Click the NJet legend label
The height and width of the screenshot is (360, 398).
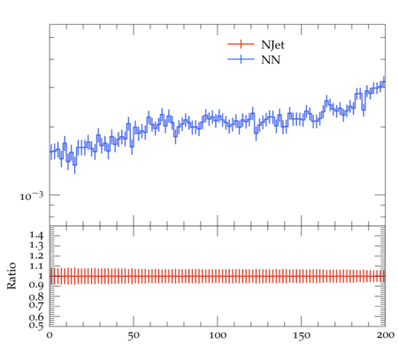[272, 45]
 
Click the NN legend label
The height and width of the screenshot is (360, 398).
[271, 60]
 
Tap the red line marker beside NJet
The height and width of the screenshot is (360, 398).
[241, 44]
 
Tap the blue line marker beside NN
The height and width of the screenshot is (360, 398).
[241, 59]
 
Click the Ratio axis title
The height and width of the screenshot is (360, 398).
[11, 275]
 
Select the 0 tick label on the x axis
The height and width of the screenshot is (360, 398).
[50, 335]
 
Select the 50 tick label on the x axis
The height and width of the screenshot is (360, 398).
[134, 335]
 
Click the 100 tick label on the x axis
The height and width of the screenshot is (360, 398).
[218, 335]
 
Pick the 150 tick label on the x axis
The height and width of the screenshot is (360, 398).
[302, 335]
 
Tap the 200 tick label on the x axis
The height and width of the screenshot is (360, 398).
[385, 335]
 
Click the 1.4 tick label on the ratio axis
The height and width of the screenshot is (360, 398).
[36, 235]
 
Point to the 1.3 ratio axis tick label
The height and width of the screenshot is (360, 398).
[36, 245]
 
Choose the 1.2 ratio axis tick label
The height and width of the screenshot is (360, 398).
[36, 256]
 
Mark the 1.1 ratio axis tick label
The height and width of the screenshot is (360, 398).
[36, 266]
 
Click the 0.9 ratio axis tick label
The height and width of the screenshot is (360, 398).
[36, 286]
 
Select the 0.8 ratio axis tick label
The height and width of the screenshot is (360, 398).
[36, 296]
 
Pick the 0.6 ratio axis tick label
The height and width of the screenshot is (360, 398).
[36, 317]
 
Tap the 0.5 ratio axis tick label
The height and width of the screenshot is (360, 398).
[36, 325]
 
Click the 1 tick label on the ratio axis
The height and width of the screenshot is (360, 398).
[41, 276]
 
